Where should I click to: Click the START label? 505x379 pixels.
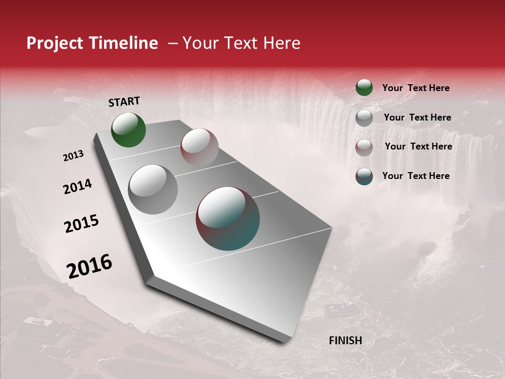pyautogui.click(x=124, y=102)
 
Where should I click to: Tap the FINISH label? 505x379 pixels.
pyautogui.click(x=345, y=341)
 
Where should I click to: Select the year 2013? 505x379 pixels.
pyautogui.click(x=73, y=156)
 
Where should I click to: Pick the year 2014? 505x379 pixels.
pyautogui.click(x=77, y=186)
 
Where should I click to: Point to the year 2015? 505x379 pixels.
pyautogui.click(x=81, y=224)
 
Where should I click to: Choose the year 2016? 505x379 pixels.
pyautogui.click(x=89, y=266)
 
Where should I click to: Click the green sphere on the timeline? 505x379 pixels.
pyautogui.click(x=128, y=129)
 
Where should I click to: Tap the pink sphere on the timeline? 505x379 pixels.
pyautogui.click(x=199, y=147)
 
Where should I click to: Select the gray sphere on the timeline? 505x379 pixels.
pyautogui.click(x=153, y=189)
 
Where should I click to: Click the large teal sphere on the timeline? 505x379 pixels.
pyautogui.click(x=228, y=218)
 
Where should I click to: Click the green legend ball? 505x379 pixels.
pyautogui.click(x=364, y=87)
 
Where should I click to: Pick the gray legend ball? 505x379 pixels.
pyautogui.click(x=364, y=117)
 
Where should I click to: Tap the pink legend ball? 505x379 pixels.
pyautogui.click(x=364, y=147)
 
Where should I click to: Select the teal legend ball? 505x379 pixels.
pyautogui.click(x=364, y=176)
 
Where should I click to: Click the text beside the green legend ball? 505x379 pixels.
pyautogui.click(x=416, y=88)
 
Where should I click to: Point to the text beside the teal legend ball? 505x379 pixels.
pyautogui.click(x=416, y=176)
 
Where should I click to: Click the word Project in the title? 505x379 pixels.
pyautogui.click(x=55, y=43)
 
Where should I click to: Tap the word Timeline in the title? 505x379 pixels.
pyautogui.click(x=123, y=43)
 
